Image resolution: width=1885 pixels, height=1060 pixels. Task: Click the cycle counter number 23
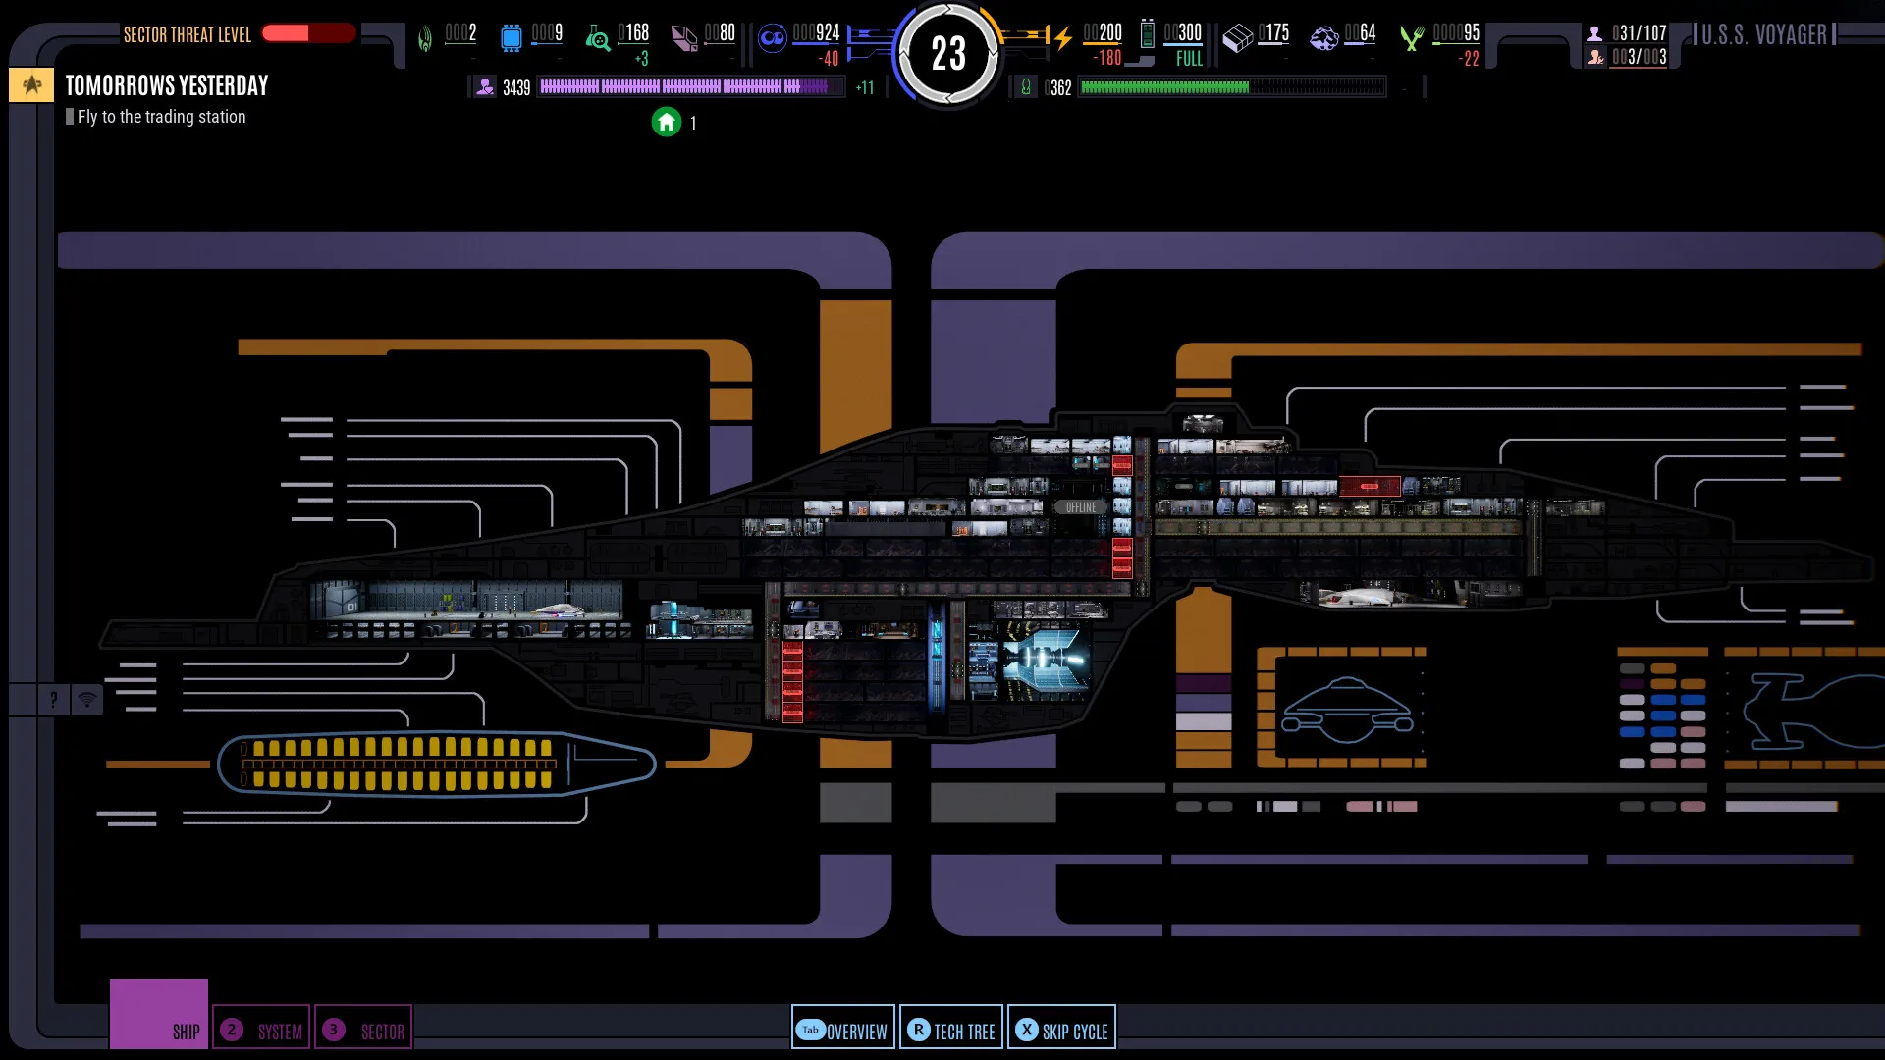[x=948, y=54]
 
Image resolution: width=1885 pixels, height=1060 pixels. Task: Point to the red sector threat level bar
[x=308, y=33]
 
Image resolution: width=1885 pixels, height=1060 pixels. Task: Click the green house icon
[x=667, y=122]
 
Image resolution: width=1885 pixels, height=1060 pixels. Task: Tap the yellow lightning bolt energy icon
[x=1063, y=38]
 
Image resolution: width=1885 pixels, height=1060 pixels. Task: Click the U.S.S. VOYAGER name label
[x=1764, y=34]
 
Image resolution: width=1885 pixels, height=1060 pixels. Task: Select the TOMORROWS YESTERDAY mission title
[x=167, y=86]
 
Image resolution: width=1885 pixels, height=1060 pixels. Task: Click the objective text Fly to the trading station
[x=162, y=117]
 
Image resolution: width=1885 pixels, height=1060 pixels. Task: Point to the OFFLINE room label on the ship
[x=1080, y=507]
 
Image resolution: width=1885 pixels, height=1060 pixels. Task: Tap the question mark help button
[x=53, y=700]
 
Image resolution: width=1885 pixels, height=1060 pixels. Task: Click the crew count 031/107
[x=1639, y=33]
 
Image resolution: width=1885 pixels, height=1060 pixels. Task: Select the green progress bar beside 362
[x=1232, y=87]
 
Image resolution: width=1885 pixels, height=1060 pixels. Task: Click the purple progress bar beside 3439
[x=690, y=87]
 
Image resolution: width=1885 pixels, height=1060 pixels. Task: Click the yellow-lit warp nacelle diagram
[x=436, y=764]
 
